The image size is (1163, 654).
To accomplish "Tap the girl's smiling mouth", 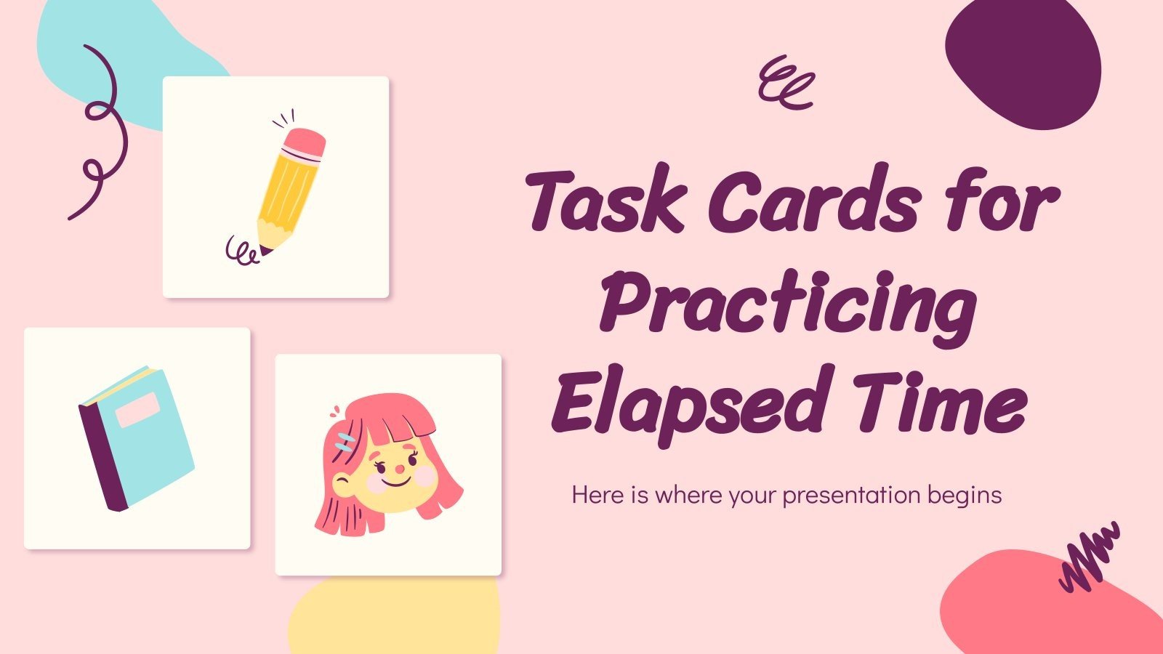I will pos(393,481).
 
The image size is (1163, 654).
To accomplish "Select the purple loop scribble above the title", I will pos(785,82).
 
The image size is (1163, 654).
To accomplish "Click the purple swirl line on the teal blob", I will pos(102,131).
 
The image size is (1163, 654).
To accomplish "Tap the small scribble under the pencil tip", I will pos(241,251).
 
